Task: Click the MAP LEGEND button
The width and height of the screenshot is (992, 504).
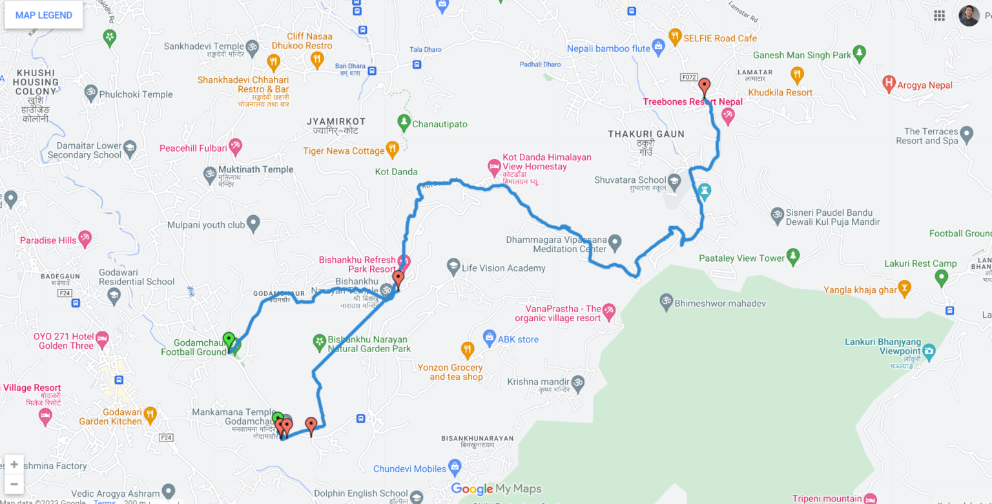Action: [44, 16]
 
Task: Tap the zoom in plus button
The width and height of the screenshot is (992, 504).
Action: [14, 465]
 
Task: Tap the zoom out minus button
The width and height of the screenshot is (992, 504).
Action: [14, 484]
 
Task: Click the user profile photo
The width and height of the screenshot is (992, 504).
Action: [969, 16]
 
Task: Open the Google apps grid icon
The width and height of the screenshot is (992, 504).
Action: [939, 16]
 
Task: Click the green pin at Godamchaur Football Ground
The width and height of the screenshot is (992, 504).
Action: [228, 340]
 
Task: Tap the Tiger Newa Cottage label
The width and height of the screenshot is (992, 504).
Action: [344, 151]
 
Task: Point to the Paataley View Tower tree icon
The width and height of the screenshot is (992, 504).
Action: [793, 257]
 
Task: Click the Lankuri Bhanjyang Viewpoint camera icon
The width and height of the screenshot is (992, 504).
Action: [929, 352]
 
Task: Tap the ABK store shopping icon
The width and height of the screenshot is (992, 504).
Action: [489, 337]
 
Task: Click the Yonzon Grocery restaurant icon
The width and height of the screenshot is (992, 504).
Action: [468, 351]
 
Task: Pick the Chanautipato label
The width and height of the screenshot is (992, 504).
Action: [439, 124]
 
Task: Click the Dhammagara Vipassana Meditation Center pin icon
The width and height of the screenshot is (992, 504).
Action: [615, 242]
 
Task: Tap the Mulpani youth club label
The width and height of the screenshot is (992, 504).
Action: [206, 225]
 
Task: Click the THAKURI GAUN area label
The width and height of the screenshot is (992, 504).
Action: [646, 134]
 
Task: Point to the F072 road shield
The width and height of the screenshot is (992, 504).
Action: [688, 78]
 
